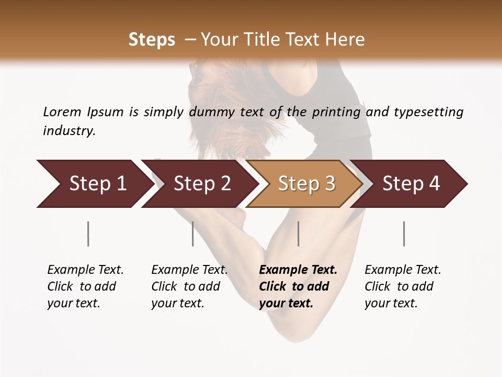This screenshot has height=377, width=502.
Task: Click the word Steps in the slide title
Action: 152,40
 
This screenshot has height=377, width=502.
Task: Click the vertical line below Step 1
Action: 88,234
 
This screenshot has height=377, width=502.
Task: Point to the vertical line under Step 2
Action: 192,234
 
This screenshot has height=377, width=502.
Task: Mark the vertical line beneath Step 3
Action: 298,234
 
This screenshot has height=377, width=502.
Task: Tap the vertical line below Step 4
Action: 404,234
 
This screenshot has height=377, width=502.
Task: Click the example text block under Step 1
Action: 85,286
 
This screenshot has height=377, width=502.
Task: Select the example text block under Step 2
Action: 189,286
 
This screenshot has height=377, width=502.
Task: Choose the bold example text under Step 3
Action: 298,286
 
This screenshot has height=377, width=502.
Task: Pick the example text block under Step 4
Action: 402,286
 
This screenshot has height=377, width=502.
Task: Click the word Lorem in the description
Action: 62,112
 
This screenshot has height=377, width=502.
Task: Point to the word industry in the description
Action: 69,130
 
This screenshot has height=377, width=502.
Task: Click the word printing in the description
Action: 336,112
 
